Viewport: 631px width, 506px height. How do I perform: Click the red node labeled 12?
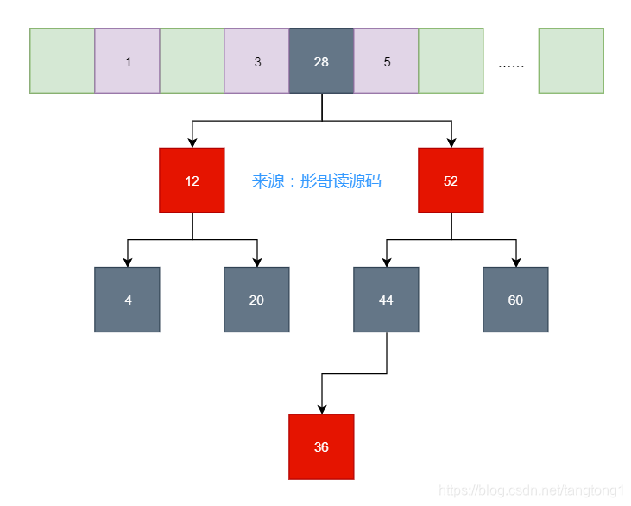pyautogui.click(x=192, y=180)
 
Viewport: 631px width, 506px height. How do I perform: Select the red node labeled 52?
pyautogui.click(x=451, y=180)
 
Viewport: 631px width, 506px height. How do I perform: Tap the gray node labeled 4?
pyautogui.click(x=127, y=300)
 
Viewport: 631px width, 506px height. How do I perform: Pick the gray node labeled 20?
pyautogui.click(x=256, y=300)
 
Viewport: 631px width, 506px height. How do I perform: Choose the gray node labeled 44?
pyautogui.click(x=386, y=300)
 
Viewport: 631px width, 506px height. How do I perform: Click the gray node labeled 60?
pyautogui.click(x=515, y=300)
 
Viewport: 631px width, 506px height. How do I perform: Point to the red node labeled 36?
pyautogui.click(x=321, y=447)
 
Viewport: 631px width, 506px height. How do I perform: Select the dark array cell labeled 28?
pyautogui.click(x=321, y=61)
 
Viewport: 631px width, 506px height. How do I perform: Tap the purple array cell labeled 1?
pyautogui.click(x=127, y=61)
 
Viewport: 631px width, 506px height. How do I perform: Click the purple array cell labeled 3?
pyautogui.click(x=256, y=61)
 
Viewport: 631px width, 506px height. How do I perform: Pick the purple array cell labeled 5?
pyautogui.click(x=386, y=61)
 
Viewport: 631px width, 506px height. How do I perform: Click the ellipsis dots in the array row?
pyautogui.click(x=511, y=64)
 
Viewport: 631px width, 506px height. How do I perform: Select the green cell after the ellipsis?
pyautogui.click(x=571, y=61)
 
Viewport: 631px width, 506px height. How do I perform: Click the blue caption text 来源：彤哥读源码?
pyautogui.click(x=316, y=181)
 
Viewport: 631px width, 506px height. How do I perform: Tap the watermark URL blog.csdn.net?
pyautogui.click(x=530, y=490)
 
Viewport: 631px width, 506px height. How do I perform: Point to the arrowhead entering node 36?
pyautogui.click(x=321, y=409)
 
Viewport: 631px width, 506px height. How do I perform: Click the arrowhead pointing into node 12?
pyautogui.click(x=192, y=142)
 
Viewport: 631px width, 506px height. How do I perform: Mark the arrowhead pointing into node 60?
pyautogui.click(x=515, y=262)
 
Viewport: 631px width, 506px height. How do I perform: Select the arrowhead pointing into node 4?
pyautogui.click(x=127, y=262)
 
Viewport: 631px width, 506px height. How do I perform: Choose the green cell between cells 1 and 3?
pyautogui.click(x=192, y=61)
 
